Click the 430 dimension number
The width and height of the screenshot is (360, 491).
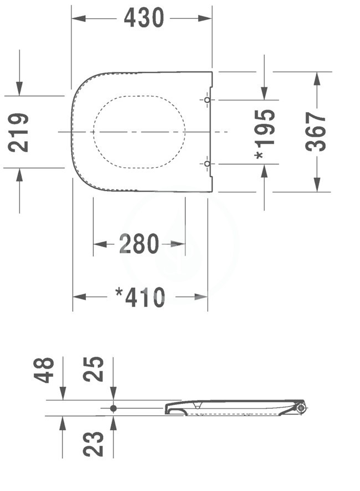pyautogui.click(x=144, y=18)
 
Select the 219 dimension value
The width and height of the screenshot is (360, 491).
pyautogui.click(x=18, y=133)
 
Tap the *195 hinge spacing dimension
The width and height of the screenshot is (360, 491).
pyautogui.click(x=265, y=134)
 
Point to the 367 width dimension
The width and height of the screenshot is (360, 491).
pyautogui.click(x=316, y=132)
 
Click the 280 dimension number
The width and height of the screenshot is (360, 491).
pyautogui.click(x=139, y=244)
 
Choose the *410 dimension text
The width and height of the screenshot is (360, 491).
pyautogui.click(x=140, y=297)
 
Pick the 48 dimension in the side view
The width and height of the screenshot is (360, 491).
pyautogui.click(x=44, y=370)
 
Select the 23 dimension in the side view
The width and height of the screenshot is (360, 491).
pyautogui.click(x=93, y=444)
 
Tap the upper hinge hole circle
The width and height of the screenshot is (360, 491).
pyautogui.click(x=207, y=100)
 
